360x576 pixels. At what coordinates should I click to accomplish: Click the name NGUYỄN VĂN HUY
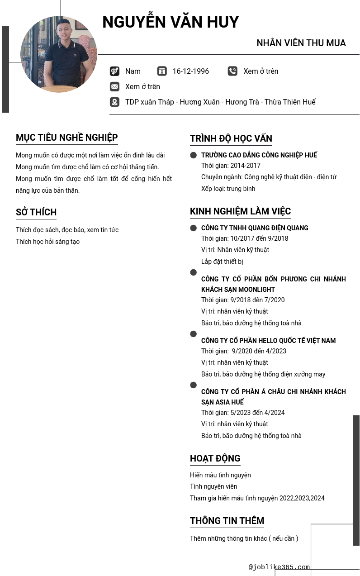(171, 22)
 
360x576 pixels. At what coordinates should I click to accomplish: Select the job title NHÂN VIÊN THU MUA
(301, 43)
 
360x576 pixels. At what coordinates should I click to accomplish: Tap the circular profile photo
(59, 54)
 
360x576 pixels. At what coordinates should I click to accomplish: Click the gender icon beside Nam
(114, 71)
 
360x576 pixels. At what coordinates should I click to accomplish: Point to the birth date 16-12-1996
(190, 71)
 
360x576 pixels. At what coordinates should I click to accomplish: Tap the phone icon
(232, 71)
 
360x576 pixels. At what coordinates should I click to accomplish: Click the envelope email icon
(114, 86)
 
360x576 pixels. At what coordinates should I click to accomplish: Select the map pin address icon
(114, 102)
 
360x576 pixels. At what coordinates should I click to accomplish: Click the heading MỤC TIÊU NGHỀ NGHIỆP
(66, 138)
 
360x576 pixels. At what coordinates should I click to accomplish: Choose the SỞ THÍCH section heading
(36, 212)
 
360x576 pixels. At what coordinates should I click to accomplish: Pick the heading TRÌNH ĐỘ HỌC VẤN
(231, 138)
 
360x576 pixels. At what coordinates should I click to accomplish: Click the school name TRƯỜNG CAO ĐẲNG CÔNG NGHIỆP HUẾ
(259, 155)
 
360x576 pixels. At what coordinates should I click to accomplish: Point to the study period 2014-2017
(231, 166)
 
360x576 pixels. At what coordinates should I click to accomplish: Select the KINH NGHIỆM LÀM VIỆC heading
(240, 211)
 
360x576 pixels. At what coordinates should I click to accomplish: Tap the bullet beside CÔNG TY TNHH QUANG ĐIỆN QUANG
(194, 228)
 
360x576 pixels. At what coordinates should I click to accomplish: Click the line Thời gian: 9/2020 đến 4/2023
(244, 351)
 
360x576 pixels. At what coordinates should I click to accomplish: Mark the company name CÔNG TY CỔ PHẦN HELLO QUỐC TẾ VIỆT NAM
(268, 341)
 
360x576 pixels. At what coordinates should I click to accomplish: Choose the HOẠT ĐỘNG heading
(215, 458)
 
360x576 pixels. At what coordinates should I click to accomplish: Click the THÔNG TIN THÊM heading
(227, 521)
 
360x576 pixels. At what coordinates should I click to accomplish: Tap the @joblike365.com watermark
(279, 567)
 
